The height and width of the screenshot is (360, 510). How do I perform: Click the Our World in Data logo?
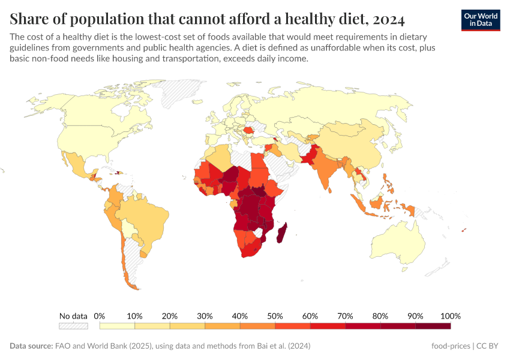(480, 20)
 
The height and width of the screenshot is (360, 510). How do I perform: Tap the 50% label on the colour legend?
(275, 316)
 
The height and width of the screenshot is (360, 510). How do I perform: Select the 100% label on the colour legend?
(450, 316)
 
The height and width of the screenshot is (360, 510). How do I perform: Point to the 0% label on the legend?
(100, 316)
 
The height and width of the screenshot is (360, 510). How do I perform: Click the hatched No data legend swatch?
(73, 326)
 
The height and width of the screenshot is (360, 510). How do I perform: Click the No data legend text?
(73, 316)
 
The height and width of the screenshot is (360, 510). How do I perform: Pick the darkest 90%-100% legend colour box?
(433, 326)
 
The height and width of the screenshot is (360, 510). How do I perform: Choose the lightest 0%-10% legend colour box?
(117, 326)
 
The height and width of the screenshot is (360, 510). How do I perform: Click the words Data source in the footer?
(31, 346)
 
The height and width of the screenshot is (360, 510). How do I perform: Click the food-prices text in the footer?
(451, 346)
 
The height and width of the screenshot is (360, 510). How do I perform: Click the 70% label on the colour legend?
(345, 316)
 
